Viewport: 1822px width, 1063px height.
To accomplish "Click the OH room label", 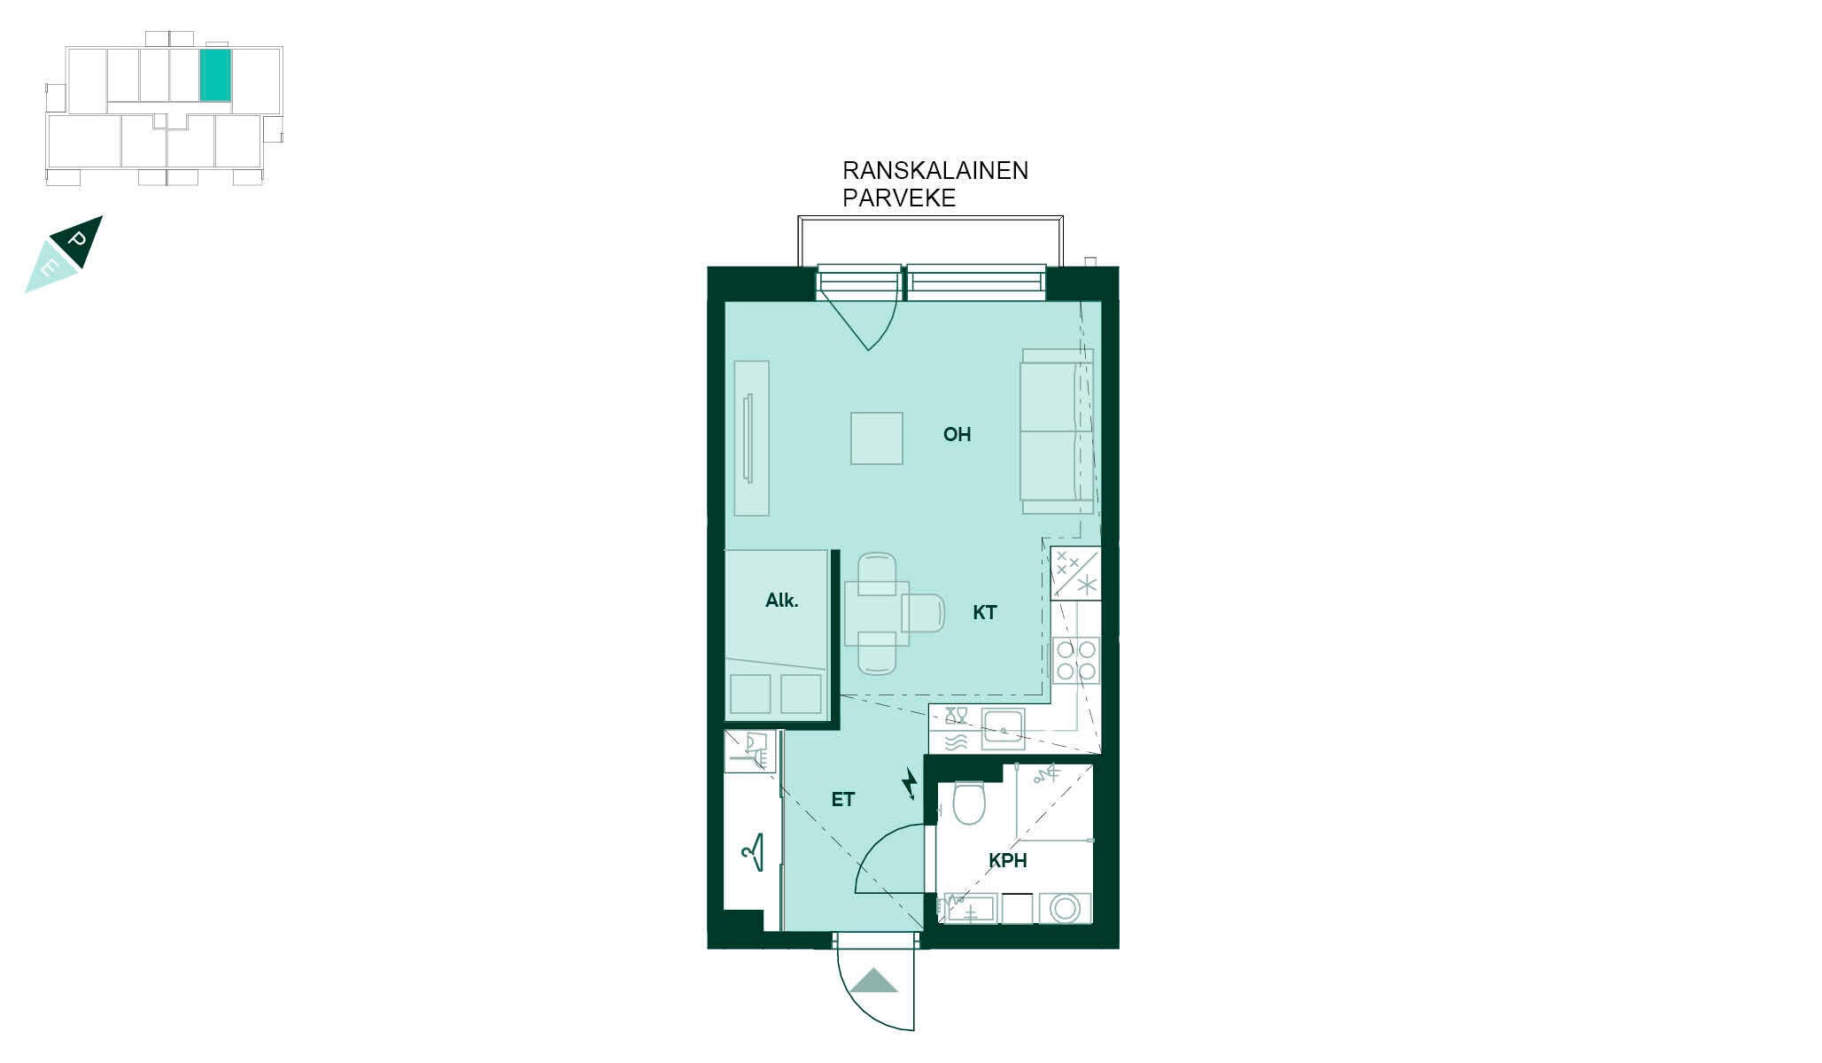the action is (957, 434).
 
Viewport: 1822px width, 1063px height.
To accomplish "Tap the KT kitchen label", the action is (984, 612).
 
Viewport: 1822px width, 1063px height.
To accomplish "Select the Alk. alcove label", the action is (781, 601).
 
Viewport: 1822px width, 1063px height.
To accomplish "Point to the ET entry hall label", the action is (842, 800).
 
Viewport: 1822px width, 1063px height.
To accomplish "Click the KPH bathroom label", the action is (1008, 860).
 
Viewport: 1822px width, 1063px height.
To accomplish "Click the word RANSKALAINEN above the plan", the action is (935, 171).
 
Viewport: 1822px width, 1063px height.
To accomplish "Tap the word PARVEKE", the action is (899, 198).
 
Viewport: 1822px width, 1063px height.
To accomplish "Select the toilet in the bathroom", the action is (968, 802).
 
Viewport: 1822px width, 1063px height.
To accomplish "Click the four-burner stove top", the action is (1076, 661).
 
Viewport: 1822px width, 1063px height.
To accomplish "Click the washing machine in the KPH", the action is (1065, 908).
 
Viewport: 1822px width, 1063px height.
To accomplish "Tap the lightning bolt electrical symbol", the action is (909, 783).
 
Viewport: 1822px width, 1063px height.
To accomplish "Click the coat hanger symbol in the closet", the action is (753, 852).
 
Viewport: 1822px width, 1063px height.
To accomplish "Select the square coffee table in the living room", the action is (877, 438).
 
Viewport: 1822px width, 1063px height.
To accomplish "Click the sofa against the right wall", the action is (1057, 431).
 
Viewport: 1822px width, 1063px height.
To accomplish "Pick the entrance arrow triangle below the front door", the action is (874, 982).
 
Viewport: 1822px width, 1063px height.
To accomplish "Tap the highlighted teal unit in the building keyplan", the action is (215, 74).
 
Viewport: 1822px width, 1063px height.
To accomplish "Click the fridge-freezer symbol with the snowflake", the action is (1075, 574).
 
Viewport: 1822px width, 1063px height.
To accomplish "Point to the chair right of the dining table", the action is (923, 613).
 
